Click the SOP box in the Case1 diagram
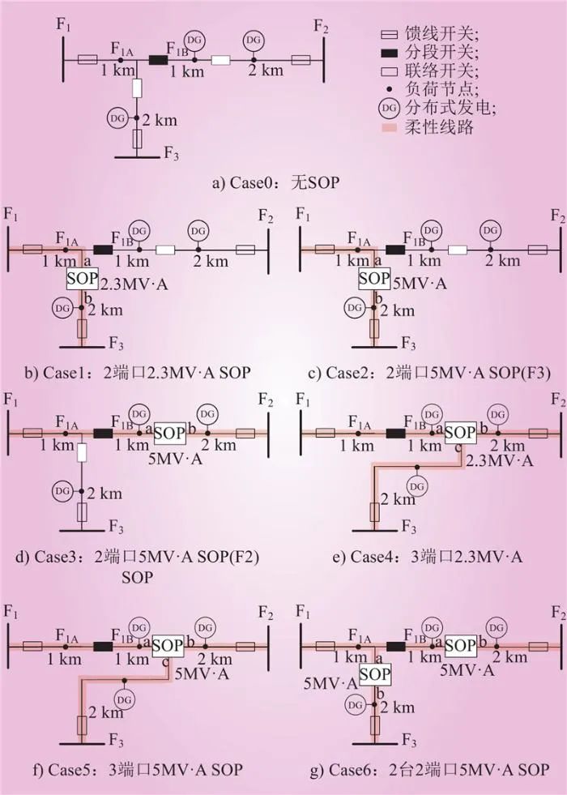point(82,280)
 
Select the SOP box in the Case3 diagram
point(170,434)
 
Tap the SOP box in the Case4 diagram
point(461,433)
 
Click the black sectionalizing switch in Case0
point(158,60)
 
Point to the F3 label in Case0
point(171,152)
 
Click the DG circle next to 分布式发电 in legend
point(389,108)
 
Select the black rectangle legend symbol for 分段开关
point(389,52)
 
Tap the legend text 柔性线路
point(439,126)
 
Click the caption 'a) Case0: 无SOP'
point(275,182)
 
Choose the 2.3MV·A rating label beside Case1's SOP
point(134,284)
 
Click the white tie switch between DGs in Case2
point(458,250)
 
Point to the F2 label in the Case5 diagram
point(266,613)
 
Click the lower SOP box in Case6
point(375,675)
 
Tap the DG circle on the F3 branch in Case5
point(124,700)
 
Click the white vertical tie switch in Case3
point(82,452)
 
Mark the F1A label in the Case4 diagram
point(360,423)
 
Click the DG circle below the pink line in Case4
point(416,487)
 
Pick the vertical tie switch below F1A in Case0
point(137,88)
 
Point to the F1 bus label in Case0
point(63,24)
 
